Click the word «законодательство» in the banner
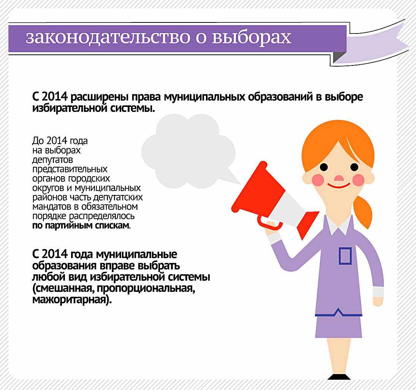tap(108, 37)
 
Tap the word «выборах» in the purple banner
tap(251, 37)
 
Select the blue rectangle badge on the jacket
tap(345, 256)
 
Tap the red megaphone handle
tap(269, 223)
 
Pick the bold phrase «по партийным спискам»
tap(81, 226)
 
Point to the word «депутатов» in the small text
tap(52, 160)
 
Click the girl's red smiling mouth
tap(339, 185)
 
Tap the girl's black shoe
tap(339, 377)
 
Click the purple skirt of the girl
tap(338, 326)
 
